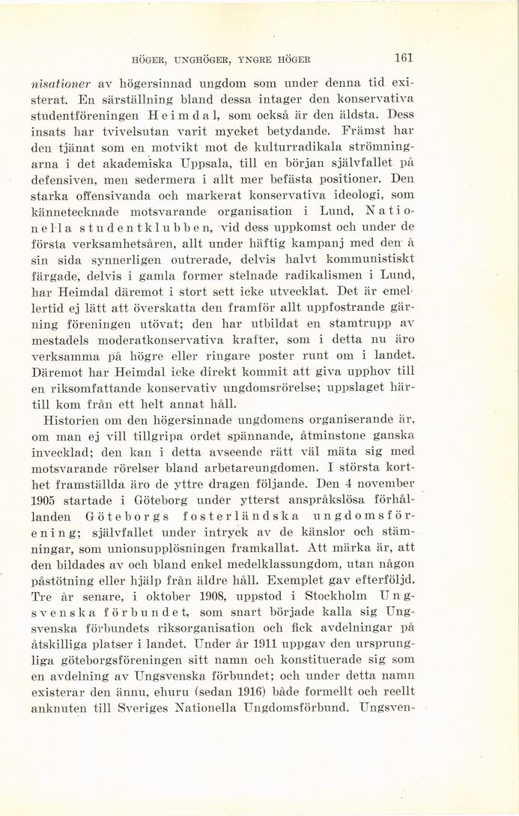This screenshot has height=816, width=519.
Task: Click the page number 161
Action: tap(404, 58)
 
